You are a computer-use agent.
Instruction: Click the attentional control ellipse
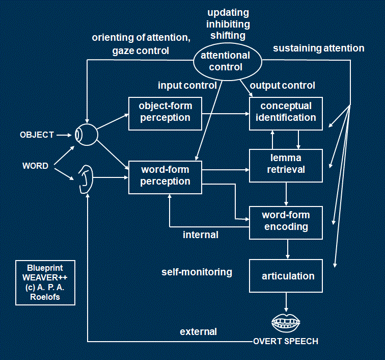[x=225, y=61]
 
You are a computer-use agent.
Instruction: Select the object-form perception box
[x=164, y=112]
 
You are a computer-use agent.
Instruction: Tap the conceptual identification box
[x=286, y=112]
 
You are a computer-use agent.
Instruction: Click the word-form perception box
[x=164, y=176]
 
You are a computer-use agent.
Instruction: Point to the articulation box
[x=286, y=276]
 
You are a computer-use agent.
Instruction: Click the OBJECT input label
[x=37, y=135]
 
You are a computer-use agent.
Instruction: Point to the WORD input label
[x=36, y=166]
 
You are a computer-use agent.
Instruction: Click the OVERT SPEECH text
[x=286, y=341]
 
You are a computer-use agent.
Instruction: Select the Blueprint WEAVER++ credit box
[x=45, y=282]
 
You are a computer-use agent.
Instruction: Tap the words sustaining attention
[x=319, y=48]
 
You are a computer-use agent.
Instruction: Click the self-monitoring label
[x=197, y=272]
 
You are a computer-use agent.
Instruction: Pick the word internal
[x=201, y=235]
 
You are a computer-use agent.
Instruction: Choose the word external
[x=198, y=332]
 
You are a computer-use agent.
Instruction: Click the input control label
[x=187, y=85]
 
